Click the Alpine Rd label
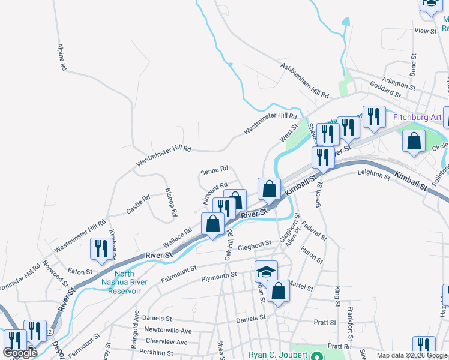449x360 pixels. tap(61, 57)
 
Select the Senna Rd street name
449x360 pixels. tap(214, 171)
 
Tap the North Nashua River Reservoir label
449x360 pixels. tap(119, 281)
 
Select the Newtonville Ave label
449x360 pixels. tap(169, 331)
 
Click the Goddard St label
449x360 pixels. tap(386, 94)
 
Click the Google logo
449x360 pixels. tap(20, 353)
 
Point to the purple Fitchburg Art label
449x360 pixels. tap(418, 117)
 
